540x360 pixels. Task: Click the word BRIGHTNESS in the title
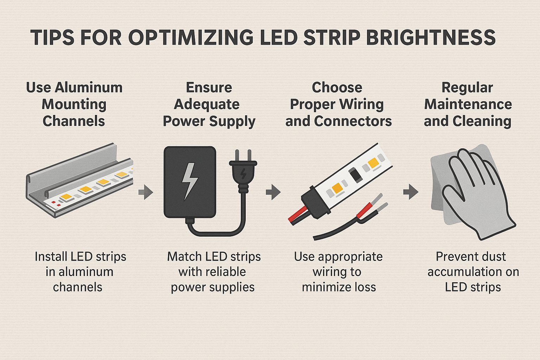[431, 38]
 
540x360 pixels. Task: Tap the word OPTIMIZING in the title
[191, 38]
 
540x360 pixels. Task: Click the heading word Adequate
[207, 104]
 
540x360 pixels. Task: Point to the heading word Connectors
[353, 121]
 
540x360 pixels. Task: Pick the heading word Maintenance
[468, 104]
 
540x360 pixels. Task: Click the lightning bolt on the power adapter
[189, 181]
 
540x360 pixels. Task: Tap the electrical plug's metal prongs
[243, 155]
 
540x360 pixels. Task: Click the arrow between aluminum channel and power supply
[146, 192]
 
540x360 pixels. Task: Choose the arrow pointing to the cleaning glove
[410, 192]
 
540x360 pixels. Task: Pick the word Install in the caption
[51, 257]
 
